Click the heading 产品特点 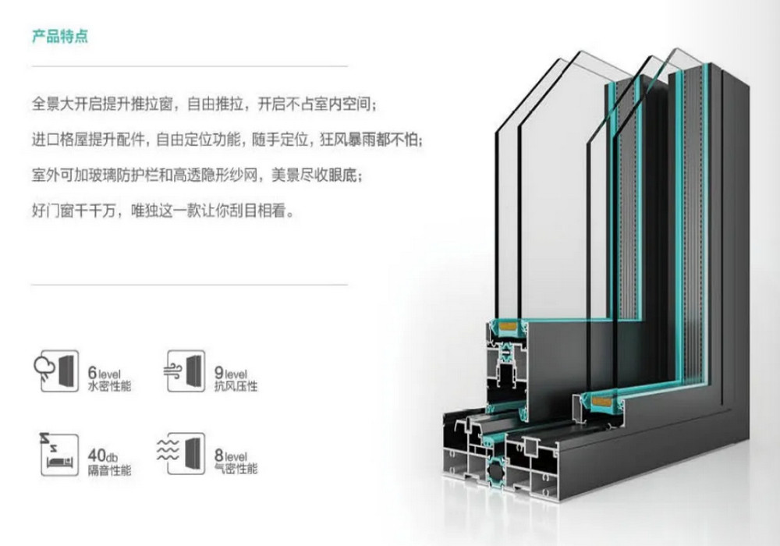58,37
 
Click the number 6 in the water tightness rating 92,364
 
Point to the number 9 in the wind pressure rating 219,364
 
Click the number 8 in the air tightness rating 219,452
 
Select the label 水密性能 110,385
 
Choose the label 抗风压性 236,385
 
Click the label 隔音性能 110,470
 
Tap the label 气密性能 236,470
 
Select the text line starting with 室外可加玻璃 194,176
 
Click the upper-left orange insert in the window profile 503,323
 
